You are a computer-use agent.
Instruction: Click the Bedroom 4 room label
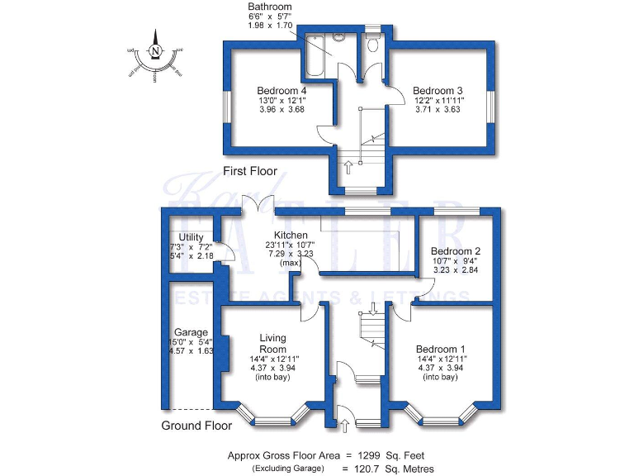point(282,90)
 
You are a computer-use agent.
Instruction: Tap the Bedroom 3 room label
point(438,90)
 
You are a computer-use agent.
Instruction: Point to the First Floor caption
point(250,172)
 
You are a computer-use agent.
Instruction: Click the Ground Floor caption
point(196,426)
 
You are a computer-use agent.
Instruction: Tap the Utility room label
point(191,238)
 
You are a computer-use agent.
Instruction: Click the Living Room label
point(272,343)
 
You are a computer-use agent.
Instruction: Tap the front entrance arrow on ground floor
point(344,425)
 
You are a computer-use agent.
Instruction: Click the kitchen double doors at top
point(263,207)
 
